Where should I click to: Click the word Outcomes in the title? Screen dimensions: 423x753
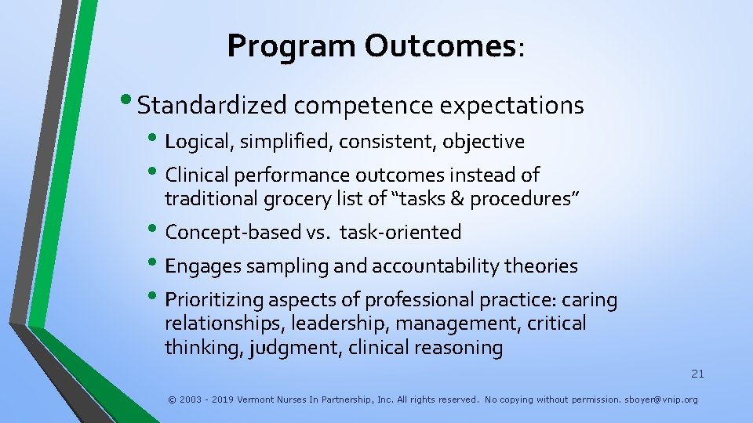point(439,46)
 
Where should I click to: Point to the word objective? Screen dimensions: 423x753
point(483,142)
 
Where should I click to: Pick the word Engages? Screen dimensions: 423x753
point(203,266)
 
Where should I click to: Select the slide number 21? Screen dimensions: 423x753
point(697,374)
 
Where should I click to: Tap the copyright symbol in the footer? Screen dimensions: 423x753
point(172,399)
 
